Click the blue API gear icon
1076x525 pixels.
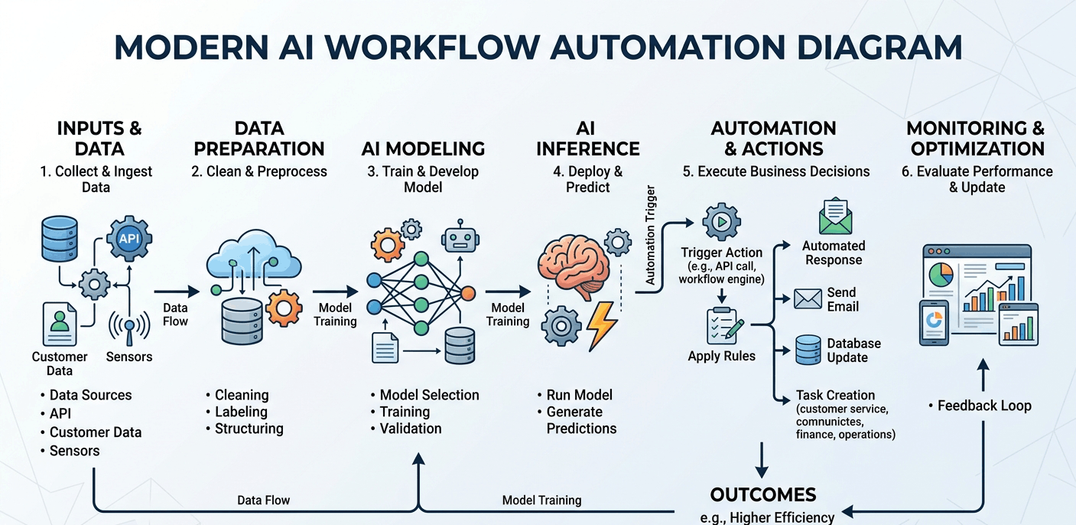point(129,238)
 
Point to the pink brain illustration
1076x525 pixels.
point(574,266)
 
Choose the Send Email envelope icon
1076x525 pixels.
point(808,298)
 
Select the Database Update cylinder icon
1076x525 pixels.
point(808,350)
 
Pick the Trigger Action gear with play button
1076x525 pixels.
point(720,222)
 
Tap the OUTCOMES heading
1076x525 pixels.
point(762,494)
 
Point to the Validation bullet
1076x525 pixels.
point(411,429)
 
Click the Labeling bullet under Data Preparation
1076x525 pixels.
point(241,412)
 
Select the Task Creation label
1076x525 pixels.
point(835,395)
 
